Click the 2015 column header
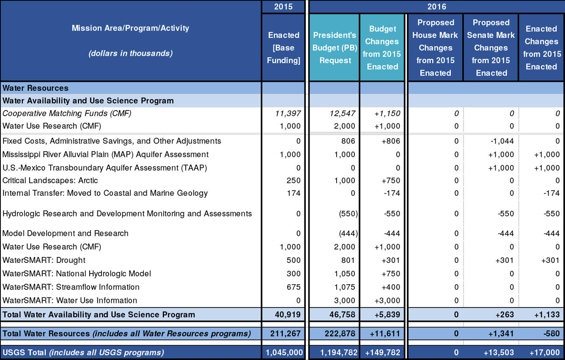[x=283, y=7]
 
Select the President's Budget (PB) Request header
[x=335, y=48]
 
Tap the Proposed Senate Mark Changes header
[x=491, y=48]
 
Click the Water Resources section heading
[x=36, y=88]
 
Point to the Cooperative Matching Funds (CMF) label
[x=67, y=113]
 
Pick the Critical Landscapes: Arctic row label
[x=50, y=180]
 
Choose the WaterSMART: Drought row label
[x=44, y=260]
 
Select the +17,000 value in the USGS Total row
[x=544, y=352]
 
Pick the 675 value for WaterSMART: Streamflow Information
[x=293, y=287]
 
